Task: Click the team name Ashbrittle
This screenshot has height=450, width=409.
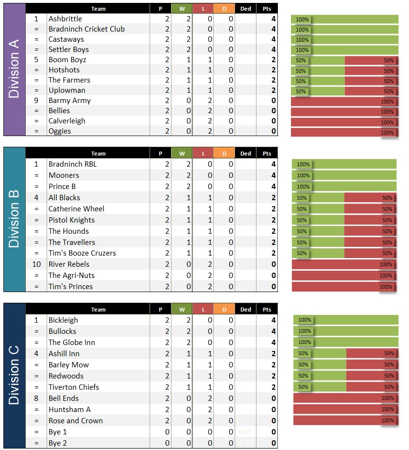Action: (x=65, y=19)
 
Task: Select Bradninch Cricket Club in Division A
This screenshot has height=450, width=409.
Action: (x=86, y=29)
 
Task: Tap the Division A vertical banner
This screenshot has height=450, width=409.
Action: (x=14, y=69)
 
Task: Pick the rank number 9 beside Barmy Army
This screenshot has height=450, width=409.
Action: (x=36, y=101)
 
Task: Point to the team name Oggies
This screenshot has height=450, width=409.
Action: (x=60, y=131)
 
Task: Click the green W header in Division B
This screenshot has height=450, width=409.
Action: (x=182, y=154)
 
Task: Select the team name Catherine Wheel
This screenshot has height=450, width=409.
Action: (x=76, y=209)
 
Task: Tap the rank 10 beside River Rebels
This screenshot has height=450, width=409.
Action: (x=36, y=264)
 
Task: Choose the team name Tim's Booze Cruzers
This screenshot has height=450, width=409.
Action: (x=82, y=253)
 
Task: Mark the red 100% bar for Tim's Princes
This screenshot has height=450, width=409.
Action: (x=344, y=287)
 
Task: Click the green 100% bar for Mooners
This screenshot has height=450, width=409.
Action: (x=344, y=175)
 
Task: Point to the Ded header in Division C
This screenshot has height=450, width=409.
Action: (x=246, y=310)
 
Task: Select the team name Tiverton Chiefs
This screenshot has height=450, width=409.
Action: (x=73, y=387)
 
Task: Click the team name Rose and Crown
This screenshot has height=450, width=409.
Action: (x=75, y=421)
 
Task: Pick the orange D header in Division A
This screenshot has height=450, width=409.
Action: (x=224, y=9)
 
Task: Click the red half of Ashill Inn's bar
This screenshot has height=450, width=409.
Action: (x=372, y=354)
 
